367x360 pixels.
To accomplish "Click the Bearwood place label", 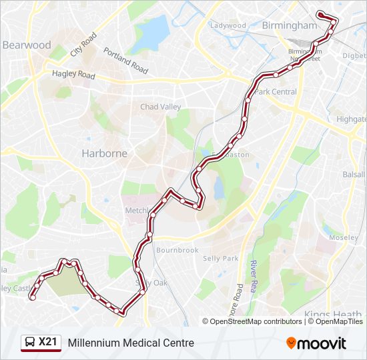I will point(27,45).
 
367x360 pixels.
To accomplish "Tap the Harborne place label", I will point(104,153).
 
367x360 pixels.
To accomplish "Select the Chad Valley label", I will point(160,107).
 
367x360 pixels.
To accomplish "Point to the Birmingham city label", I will point(290,25).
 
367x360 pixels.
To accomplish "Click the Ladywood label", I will point(228,26).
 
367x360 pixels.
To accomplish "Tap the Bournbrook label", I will point(177,250).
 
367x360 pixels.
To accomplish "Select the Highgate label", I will point(351,119).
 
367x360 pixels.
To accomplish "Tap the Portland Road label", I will point(125,61).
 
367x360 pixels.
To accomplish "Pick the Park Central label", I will point(276,92).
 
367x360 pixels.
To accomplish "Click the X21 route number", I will point(47,342).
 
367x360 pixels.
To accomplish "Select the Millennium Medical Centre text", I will point(131,343).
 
